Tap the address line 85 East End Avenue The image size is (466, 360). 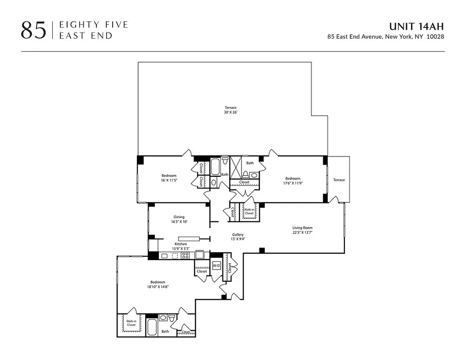pyautogui.click(x=386, y=37)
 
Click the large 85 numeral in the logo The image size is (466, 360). pyautogui.click(x=33, y=30)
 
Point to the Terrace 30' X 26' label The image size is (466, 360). pyautogui.click(x=231, y=110)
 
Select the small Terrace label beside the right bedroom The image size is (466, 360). pyautogui.click(x=339, y=180)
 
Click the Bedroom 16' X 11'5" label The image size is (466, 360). pyautogui.click(x=169, y=178)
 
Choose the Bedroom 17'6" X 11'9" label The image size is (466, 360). pyautogui.click(x=292, y=181)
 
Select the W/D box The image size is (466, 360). pyautogui.click(x=217, y=265)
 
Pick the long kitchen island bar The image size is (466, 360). pyautogui.click(x=189, y=238)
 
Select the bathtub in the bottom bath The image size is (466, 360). pyautogui.click(x=152, y=327)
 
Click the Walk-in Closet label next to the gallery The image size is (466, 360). pyautogui.click(x=249, y=211)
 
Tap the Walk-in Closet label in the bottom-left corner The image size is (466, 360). pyautogui.click(x=131, y=323)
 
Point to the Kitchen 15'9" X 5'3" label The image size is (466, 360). pyautogui.click(x=180, y=246)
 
